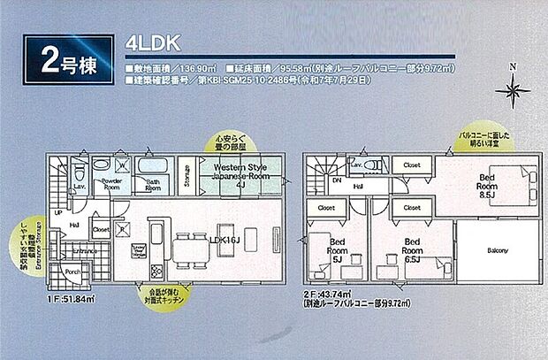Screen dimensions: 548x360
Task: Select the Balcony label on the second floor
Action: pos(497,250)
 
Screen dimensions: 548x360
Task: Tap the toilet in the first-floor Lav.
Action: pos(79,165)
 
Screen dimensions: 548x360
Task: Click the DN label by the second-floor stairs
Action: pos(336,180)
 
